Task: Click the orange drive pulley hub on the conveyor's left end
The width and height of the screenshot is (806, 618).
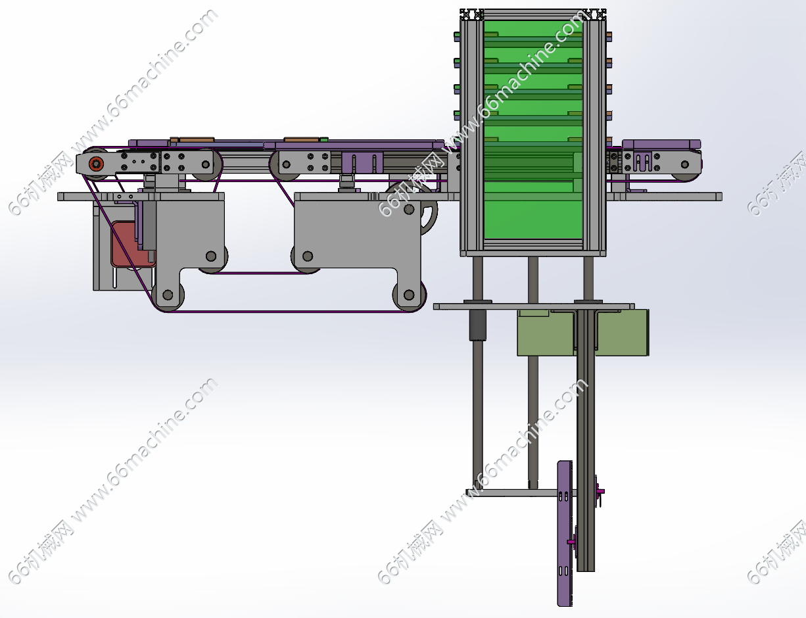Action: click(96, 163)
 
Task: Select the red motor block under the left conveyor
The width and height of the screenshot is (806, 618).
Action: click(131, 244)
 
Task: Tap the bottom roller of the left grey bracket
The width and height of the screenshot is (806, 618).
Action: click(168, 295)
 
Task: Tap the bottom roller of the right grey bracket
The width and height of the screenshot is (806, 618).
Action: click(409, 295)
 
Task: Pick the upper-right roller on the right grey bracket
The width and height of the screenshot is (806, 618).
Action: click(409, 210)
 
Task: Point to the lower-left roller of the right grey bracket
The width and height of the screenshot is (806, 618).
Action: click(308, 256)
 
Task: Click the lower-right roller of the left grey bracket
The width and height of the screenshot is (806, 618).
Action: click(211, 256)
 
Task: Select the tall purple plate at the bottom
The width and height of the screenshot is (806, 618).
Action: click(565, 533)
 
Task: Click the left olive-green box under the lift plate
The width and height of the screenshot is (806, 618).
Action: click(546, 333)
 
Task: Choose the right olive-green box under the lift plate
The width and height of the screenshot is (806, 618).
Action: click(623, 333)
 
